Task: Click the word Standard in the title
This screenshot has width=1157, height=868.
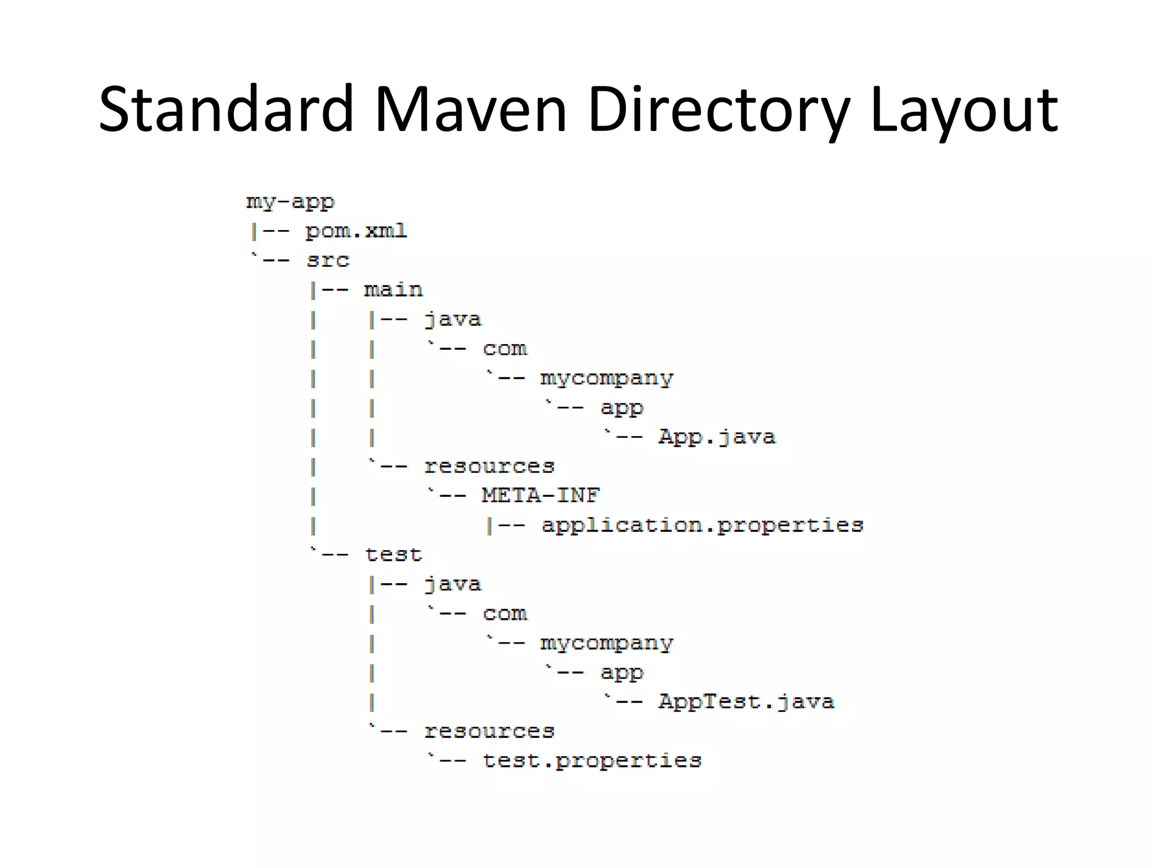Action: click(x=225, y=109)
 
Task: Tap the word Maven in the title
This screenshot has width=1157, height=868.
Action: click(x=470, y=109)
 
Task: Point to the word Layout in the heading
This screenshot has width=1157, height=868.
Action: click(x=964, y=109)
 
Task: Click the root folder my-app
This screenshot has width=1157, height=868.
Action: click(x=290, y=202)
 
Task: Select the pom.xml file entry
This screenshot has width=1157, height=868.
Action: click(x=356, y=231)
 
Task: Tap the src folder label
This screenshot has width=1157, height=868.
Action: click(x=328, y=261)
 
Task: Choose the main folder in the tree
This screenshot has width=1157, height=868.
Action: click(x=393, y=290)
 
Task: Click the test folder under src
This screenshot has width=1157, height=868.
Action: click(x=393, y=555)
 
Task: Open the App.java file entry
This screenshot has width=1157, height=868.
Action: click(x=717, y=437)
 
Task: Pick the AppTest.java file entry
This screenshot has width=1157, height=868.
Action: click(x=746, y=702)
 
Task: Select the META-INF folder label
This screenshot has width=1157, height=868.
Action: click(x=541, y=496)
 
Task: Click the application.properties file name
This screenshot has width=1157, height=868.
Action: click(x=702, y=526)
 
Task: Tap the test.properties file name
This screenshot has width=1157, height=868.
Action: click(x=592, y=761)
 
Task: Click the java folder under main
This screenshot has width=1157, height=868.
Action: click(x=453, y=319)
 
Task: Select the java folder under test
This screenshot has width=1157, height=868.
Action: click(x=453, y=584)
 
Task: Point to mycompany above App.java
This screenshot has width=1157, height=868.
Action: click(x=607, y=378)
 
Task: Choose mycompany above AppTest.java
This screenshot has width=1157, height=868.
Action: click(x=607, y=643)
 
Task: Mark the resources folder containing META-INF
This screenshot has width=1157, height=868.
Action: click(x=489, y=466)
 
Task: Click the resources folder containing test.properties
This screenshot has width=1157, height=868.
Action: click(x=489, y=731)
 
